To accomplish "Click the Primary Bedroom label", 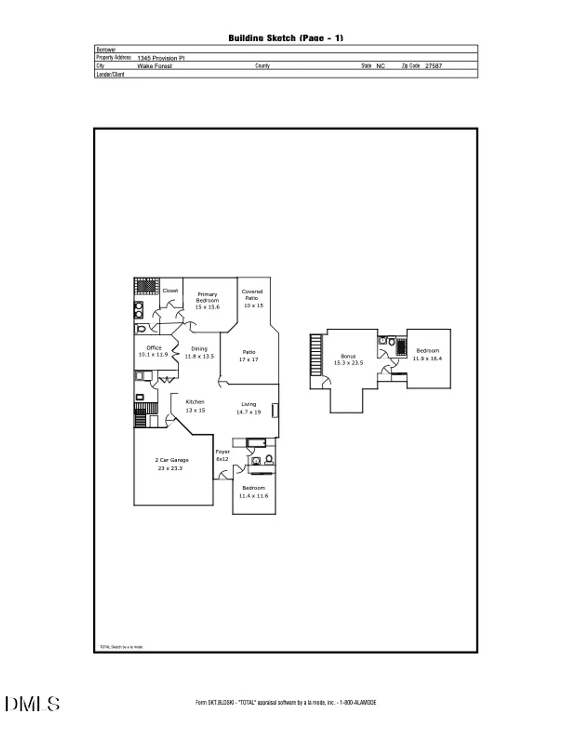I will pos(207,297).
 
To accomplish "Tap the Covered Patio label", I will pos(252,295).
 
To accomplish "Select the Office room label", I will pos(154,348).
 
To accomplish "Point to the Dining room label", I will pos(199,349).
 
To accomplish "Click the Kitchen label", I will pos(195,402).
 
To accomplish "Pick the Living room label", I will pos(248,404).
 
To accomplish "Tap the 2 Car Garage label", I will pos(172,460).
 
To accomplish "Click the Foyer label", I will pos(222,452).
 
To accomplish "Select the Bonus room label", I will pos(348,356).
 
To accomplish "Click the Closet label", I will pos(170,291).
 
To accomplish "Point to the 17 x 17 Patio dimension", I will pos(248,360).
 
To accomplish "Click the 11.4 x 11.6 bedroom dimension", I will pos(253,496).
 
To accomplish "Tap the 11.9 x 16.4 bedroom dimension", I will pos(427,359).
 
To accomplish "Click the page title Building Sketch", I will pos(285,38).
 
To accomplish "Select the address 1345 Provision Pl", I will pos(161,58).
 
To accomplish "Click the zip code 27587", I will pos(434,66).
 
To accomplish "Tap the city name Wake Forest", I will pos(155,66).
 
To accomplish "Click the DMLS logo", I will pos(32,704).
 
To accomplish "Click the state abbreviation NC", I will pos(380,66).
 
